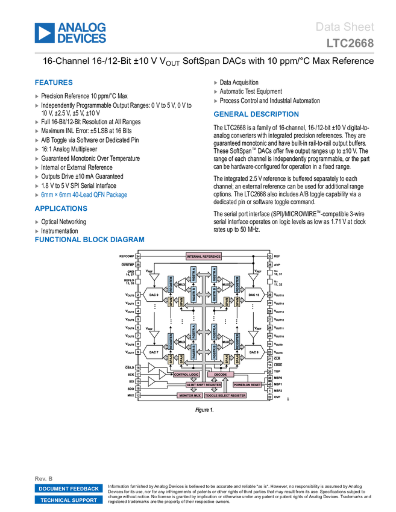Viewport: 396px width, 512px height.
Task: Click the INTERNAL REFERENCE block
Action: pyautogui.click(x=204, y=257)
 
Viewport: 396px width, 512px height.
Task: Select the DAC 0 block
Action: pyautogui.click(x=154, y=295)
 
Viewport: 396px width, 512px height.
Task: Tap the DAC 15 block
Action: pyautogui.click(x=254, y=295)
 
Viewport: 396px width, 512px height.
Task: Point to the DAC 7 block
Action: pyautogui.click(x=154, y=352)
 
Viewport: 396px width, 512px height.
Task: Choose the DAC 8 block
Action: pyautogui.click(x=254, y=352)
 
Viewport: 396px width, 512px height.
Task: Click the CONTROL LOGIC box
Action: pyautogui.click(x=186, y=375)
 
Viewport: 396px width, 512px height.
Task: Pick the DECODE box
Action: pyautogui.click(x=221, y=375)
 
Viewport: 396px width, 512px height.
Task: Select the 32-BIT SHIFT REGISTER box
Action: pyautogui.click(x=204, y=384)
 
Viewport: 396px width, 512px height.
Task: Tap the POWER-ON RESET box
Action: pyautogui.click(x=247, y=384)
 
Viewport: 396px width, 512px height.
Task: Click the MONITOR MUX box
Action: pyautogui.click(x=190, y=396)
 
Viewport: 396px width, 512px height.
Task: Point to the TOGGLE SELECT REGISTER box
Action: pyautogui.click(x=225, y=396)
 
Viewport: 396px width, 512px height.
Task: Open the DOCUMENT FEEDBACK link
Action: pyautogui.click(x=69, y=489)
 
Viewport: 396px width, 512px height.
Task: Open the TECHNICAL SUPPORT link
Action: pyautogui.click(x=69, y=501)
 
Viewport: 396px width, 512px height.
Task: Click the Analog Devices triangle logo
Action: pyautogui.click(x=44, y=33)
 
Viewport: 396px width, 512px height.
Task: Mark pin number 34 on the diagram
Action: pyautogui.click(x=138, y=257)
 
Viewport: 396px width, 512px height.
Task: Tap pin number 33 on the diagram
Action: pyautogui.click(x=269, y=257)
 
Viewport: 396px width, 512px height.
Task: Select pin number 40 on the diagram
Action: pyautogui.click(x=269, y=384)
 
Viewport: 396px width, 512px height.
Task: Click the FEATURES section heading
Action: pyautogui.click(x=54, y=83)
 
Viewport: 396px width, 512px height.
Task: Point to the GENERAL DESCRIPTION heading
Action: pyautogui.click(x=256, y=114)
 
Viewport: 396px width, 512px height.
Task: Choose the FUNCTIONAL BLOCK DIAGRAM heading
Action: pyautogui.click(x=89, y=240)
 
